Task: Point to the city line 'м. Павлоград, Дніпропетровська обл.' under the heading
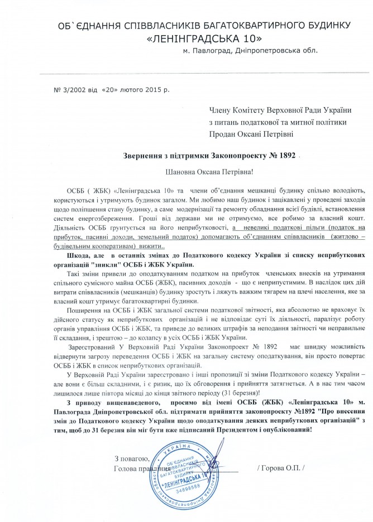pyautogui.click(x=250, y=51)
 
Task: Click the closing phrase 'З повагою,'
pyautogui.click(x=130, y=458)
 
